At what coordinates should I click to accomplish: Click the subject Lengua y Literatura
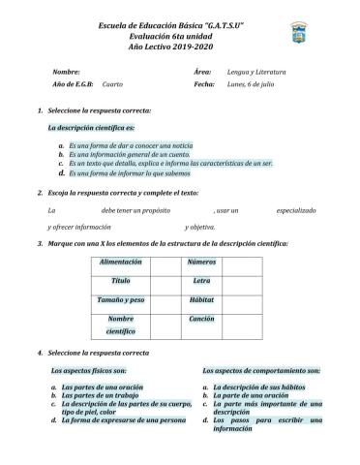point(256,72)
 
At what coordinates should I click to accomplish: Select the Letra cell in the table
point(201,281)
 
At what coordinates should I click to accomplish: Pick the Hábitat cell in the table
point(201,300)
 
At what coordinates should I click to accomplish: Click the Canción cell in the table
point(201,319)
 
